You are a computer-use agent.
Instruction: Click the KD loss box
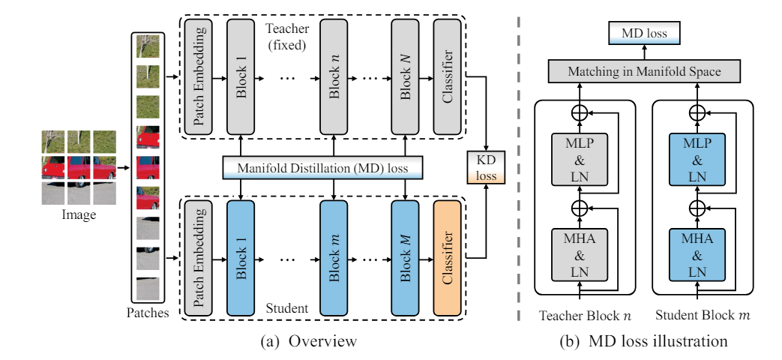pyautogui.click(x=487, y=166)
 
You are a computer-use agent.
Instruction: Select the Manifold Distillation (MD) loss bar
pyautogui.click(x=322, y=167)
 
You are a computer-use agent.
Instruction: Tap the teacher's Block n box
pyautogui.click(x=334, y=77)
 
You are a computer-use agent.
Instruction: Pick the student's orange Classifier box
pyautogui.click(x=447, y=258)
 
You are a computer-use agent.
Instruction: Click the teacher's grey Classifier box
pyautogui.click(x=447, y=77)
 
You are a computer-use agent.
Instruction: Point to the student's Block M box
pyautogui.click(x=404, y=258)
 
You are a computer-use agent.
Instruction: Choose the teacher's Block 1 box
pyautogui.click(x=241, y=77)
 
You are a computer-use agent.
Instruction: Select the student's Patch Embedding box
pyautogui.click(x=199, y=258)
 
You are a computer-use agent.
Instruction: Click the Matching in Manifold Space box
pyautogui.click(x=644, y=71)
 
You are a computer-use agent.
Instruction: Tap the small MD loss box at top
pyautogui.click(x=644, y=34)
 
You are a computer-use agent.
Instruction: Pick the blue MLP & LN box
pyautogui.click(x=697, y=159)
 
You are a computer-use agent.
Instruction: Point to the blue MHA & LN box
pyautogui.click(x=697, y=253)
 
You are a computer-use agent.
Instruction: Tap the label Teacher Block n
pyautogui.click(x=585, y=316)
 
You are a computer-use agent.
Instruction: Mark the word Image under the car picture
pyautogui.click(x=79, y=215)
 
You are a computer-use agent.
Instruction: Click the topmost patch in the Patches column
pyautogui.click(x=148, y=46)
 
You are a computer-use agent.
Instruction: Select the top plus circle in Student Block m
pyautogui.click(x=697, y=112)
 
